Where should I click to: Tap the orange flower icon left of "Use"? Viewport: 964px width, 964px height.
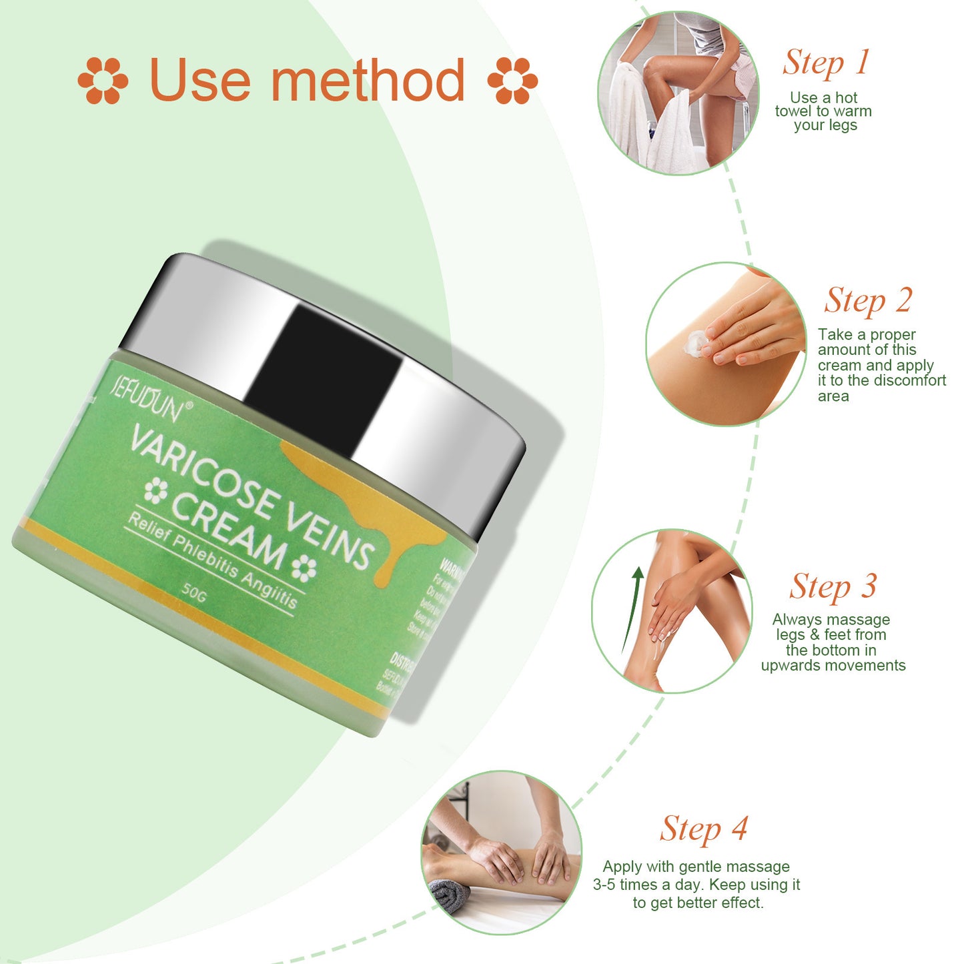tap(103, 81)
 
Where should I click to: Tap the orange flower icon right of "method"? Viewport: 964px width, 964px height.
tap(512, 81)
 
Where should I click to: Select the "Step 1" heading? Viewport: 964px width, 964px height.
tap(826, 63)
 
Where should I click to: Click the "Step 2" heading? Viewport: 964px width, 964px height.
tap(868, 300)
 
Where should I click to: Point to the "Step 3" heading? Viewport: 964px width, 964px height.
tap(833, 587)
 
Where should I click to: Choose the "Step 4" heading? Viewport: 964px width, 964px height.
tap(704, 829)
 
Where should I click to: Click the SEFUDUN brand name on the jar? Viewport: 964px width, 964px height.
tap(145, 400)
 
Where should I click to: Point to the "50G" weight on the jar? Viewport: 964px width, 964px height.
tap(194, 591)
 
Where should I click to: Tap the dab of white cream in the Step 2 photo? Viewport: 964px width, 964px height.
tap(696, 343)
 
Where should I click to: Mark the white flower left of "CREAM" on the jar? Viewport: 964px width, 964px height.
tap(155, 491)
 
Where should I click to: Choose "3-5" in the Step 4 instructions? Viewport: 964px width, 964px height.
tap(604, 885)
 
